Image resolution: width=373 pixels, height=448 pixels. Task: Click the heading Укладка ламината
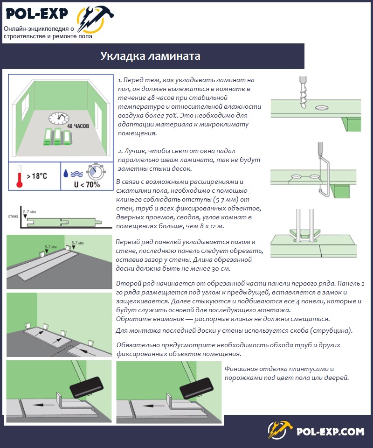coord(150,56)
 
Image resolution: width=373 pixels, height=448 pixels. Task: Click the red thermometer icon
coord(19,175)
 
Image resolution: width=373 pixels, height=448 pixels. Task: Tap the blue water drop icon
coord(66,173)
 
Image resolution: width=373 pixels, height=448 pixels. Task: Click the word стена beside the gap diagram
coord(13,217)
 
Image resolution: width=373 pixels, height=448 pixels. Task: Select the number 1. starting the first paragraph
coord(120,80)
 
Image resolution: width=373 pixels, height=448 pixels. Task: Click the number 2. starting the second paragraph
coord(120,151)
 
